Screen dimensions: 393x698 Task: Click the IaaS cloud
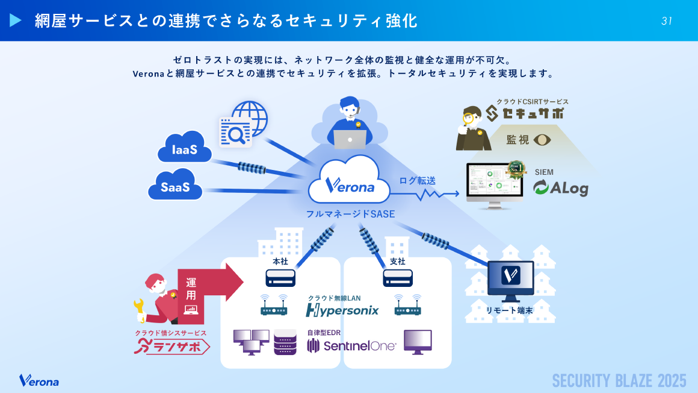[x=184, y=148]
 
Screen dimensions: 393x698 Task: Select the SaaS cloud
[x=175, y=186]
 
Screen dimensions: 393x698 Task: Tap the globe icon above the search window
[x=249, y=117]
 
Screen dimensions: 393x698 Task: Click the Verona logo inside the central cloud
[x=349, y=186]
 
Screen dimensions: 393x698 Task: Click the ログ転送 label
[x=417, y=180]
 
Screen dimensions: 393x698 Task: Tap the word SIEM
[x=544, y=172]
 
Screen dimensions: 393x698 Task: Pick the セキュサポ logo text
[x=525, y=113]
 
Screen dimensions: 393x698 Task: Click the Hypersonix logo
[x=342, y=310]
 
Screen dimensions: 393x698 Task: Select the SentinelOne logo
[x=351, y=345]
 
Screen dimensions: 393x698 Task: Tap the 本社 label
[x=280, y=262]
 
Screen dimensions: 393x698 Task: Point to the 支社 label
[x=398, y=262]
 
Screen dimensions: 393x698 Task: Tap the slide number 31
[x=666, y=21]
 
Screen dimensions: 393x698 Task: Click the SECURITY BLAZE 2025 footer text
[x=619, y=380]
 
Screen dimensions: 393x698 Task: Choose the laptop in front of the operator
[x=350, y=139]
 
